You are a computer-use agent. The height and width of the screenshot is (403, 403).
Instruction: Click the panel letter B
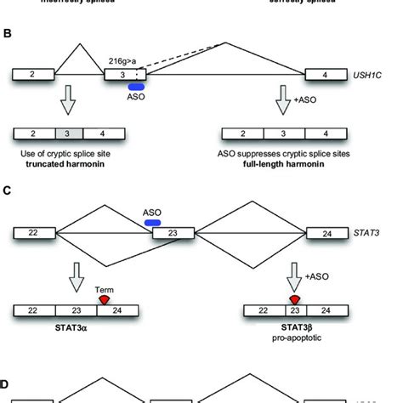(9, 35)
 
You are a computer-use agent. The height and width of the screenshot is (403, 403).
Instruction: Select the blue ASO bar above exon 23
(156, 222)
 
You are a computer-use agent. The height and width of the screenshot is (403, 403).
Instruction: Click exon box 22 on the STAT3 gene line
(32, 230)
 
